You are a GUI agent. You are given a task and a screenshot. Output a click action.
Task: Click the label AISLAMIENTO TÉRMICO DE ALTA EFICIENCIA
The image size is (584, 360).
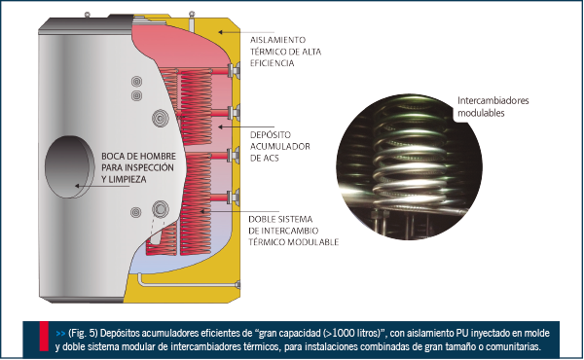click(285, 52)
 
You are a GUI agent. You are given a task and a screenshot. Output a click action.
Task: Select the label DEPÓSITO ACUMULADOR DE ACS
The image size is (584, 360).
click(279, 146)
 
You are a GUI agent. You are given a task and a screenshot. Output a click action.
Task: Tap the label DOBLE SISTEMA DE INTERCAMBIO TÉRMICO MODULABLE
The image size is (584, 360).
click(294, 231)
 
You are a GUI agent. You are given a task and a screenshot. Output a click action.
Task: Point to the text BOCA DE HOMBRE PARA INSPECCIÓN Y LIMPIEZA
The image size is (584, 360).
click(138, 167)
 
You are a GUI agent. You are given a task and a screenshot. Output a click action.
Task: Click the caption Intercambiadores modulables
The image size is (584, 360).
click(493, 106)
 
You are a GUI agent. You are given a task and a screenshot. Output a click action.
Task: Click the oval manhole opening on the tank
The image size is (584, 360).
click(70, 166)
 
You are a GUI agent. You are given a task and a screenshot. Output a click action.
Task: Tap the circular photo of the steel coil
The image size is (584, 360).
click(409, 166)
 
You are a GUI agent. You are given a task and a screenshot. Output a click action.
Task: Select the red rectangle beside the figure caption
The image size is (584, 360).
click(44, 337)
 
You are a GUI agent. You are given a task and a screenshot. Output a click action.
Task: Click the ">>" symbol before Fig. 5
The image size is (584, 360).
click(60, 333)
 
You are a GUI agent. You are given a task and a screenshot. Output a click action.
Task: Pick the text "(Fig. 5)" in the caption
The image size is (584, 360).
click(83, 333)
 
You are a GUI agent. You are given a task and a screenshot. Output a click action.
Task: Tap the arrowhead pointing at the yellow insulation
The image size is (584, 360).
click(221, 32)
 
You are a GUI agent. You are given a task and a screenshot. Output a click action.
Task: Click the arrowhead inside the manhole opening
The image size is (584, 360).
click(78, 186)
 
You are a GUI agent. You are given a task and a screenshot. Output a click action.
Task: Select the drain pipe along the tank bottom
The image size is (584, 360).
click(188, 284)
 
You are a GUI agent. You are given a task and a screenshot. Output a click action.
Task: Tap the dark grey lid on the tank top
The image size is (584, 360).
click(87, 25)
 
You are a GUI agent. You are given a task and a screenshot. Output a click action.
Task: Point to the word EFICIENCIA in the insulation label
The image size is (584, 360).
click(272, 63)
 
